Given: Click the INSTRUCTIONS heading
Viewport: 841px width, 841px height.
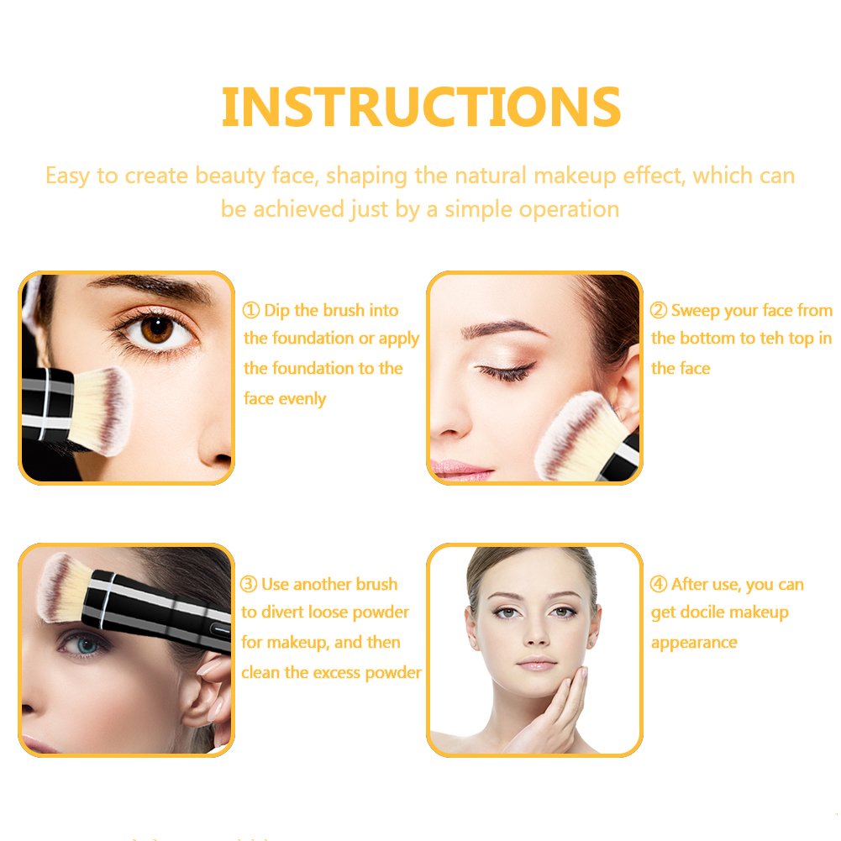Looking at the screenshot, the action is [x=421, y=107].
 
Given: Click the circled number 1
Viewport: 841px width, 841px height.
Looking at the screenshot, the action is [x=251, y=310].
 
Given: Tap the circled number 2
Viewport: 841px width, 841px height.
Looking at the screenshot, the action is [x=659, y=310].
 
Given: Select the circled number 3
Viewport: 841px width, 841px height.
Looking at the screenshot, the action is [x=249, y=584].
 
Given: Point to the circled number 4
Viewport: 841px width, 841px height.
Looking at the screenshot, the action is [x=659, y=584].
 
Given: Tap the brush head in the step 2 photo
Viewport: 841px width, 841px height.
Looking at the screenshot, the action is [x=576, y=437].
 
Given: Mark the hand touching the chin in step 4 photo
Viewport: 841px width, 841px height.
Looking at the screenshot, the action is [x=553, y=711].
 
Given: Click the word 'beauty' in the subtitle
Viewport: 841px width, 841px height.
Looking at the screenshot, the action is [x=230, y=176].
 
